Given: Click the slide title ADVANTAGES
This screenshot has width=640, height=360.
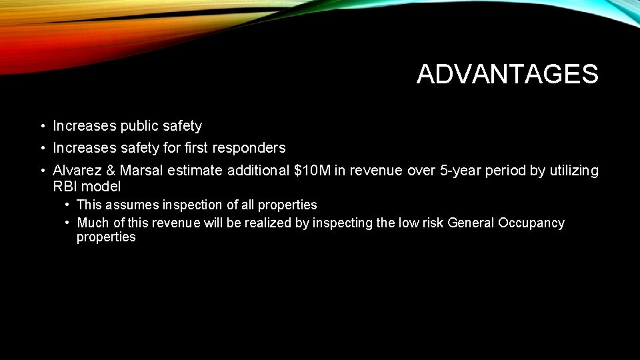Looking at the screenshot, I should click(507, 75).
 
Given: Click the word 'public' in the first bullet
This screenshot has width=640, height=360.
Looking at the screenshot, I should click(141, 126).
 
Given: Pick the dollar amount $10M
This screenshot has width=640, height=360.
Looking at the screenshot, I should click(312, 171).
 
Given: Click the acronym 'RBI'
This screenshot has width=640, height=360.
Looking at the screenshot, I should click(65, 187).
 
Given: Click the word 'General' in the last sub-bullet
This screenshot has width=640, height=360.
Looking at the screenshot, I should click(471, 223).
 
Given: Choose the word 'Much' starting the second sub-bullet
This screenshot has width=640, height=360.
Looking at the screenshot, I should click(92, 223).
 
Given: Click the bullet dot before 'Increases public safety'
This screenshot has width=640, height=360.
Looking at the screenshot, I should click(41, 126).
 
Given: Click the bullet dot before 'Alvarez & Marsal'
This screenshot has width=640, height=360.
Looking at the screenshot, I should click(41, 171).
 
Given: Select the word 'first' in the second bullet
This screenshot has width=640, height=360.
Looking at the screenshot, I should click(197, 148).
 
